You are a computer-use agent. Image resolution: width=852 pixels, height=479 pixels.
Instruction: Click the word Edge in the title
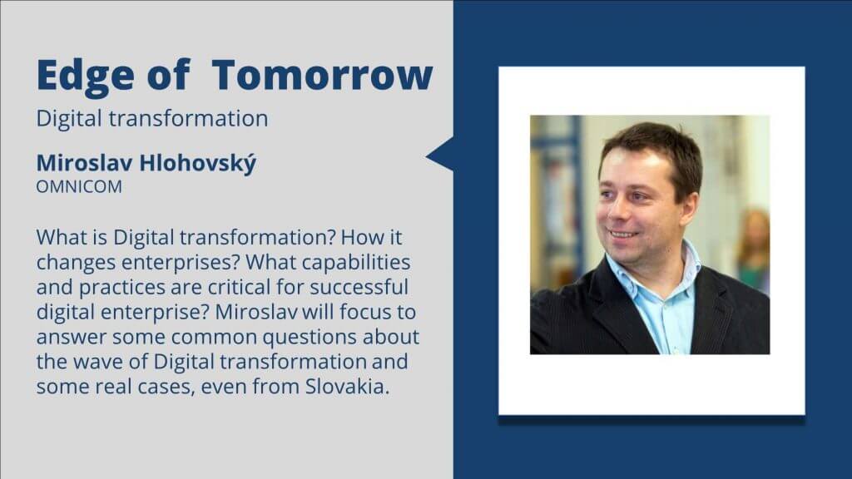pyautogui.click(x=86, y=76)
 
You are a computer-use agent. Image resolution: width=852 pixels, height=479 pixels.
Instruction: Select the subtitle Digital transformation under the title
pyautogui.click(x=152, y=118)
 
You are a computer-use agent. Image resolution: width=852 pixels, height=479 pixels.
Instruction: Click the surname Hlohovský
pyautogui.click(x=197, y=163)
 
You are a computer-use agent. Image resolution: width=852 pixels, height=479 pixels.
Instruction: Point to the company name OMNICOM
pyautogui.click(x=79, y=186)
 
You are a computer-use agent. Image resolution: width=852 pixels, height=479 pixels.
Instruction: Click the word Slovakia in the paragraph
pyautogui.click(x=347, y=386)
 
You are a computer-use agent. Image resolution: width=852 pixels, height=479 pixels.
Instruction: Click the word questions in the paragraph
pyautogui.click(x=310, y=338)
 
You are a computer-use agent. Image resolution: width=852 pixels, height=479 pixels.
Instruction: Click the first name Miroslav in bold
pyautogui.click(x=84, y=163)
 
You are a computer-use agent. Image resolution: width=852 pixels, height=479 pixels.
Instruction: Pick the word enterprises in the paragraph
pyautogui.click(x=180, y=263)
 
